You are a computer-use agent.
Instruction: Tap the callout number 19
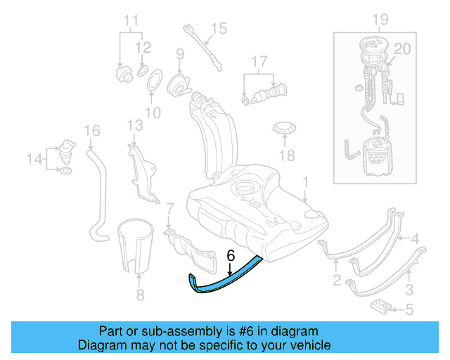tap(380, 18)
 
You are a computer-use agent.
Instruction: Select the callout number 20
tap(401, 49)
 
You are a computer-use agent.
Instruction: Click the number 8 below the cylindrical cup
tap(139, 295)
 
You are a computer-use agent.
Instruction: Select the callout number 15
tap(219, 28)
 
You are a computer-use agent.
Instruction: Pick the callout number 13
tap(135, 125)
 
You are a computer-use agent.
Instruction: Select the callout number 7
tap(169, 207)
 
